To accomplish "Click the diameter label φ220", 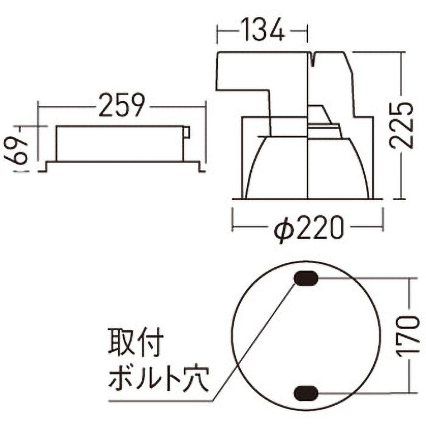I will click(x=308, y=230).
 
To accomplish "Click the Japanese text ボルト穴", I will click(x=158, y=380).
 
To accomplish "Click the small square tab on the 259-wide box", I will click(x=186, y=132).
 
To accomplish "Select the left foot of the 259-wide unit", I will click(x=45, y=166).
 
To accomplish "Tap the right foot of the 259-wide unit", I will click(x=201, y=166).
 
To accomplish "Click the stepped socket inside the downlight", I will click(x=324, y=125).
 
